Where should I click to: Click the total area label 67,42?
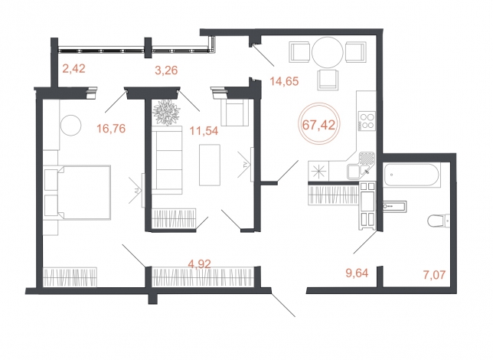[x=318, y=125]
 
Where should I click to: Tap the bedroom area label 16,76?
[x=111, y=129]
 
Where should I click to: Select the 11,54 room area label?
[x=204, y=130]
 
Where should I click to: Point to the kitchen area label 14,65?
[x=284, y=81]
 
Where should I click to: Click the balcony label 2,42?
[x=74, y=68]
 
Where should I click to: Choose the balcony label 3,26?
[x=166, y=70]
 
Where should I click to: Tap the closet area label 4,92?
[x=199, y=263]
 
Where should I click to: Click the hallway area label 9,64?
[x=357, y=273]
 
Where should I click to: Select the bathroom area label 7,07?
[x=435, y=275]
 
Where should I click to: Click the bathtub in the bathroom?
[x=412, y=175]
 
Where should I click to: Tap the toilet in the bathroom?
[x=439, y=221]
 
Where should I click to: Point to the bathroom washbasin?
[x=394, y=207]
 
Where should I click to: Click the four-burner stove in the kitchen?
[x=367, y=121]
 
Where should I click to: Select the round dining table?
[x=328, y=53]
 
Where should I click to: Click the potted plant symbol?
[x=167, y=113]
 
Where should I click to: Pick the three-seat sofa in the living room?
[x=167, y=160]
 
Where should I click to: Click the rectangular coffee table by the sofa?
[x=210, y=165]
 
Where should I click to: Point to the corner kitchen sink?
[x=361, y=165]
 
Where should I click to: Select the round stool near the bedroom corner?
[x=71, y=126]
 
